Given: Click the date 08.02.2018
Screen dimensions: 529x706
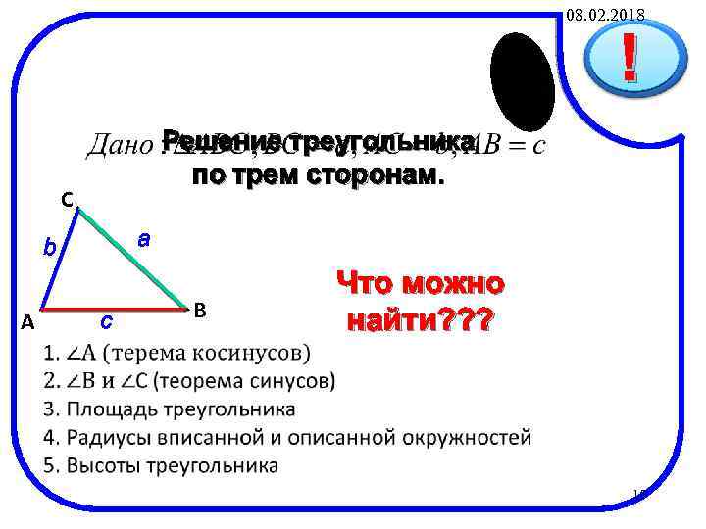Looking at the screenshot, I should (605, 14).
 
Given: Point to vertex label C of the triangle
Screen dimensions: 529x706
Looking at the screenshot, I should (66, 200).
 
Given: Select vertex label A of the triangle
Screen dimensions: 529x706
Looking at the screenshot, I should (28, 321).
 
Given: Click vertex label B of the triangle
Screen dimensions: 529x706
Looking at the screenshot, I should (199, 311).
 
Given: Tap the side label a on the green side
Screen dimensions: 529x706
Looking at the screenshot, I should (143, 237).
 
